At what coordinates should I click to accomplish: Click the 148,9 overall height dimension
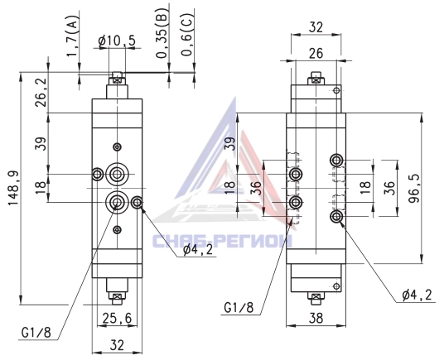click(13, 188)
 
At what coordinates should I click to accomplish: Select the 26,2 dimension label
click(41, 92)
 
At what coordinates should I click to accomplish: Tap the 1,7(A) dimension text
click(73, 35)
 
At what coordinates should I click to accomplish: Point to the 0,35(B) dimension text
click(162, 32)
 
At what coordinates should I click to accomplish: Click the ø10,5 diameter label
click(117, 41)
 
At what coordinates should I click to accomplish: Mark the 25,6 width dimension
click(117, 319)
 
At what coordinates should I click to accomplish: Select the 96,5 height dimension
click(414, 189)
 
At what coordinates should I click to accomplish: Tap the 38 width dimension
click(316, 318)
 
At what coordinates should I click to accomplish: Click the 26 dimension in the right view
click(316, 53)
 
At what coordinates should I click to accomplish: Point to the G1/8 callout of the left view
click(36, 333)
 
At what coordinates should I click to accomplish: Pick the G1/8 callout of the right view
click(239, 307)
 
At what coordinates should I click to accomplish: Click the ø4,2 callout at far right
click(417, 295)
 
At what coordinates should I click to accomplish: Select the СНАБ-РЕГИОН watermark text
click(222, 241)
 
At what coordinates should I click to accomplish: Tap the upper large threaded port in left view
click(117, 174)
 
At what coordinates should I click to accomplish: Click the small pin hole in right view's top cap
click(336, 90)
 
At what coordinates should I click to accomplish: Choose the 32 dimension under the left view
click(117, 345)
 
